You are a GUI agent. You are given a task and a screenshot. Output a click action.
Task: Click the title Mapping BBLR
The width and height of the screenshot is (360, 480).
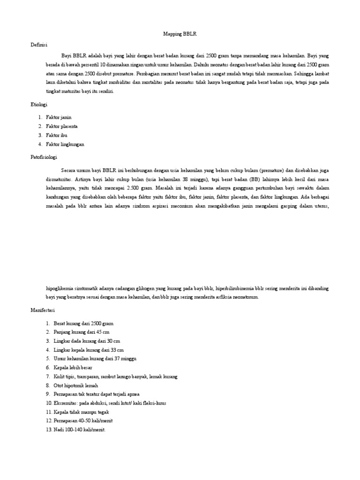[x=180, y=34]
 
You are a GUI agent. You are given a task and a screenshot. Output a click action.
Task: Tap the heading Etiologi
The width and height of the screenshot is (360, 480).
[x=39, y=105]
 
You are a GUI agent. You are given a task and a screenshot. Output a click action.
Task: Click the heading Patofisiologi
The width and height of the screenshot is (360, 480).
[x=43, y=158]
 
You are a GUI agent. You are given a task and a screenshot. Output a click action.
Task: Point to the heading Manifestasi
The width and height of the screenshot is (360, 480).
[x=43, y=310]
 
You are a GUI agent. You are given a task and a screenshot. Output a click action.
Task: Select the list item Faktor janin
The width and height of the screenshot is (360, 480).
[x=59, y=117]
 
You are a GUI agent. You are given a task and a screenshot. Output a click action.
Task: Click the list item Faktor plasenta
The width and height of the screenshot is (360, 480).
[x=61, y=126]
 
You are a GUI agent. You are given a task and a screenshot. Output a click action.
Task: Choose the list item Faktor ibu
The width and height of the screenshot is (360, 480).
[x=57, y=135]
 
